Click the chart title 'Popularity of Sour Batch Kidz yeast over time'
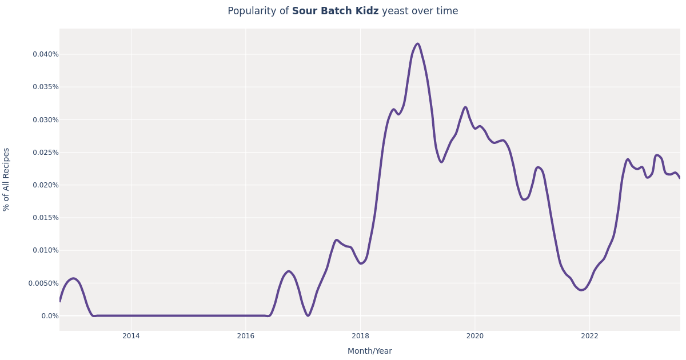pos(343,11)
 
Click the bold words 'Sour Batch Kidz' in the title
pos(335,11)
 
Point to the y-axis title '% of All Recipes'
pos(7,179)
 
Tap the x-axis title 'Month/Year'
pos(370,351)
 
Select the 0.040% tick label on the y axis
pos(45,54)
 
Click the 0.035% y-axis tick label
pos(45,87)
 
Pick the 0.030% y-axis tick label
pos(45,120)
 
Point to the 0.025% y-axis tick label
pos(45,153)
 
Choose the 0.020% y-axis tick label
pos(45,185)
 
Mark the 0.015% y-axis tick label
pos(45,218)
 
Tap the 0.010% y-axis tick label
pos(45,250)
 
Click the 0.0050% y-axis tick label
pos(43,283)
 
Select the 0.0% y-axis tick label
pos(50,316)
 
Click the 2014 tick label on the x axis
pos(131,336)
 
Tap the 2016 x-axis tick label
pos(246,336)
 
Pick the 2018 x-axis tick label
pos(360,336)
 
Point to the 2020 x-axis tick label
pos(475,336)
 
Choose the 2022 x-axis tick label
pos(589,336)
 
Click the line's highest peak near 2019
pos(417,43)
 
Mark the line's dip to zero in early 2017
pos(308,315)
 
